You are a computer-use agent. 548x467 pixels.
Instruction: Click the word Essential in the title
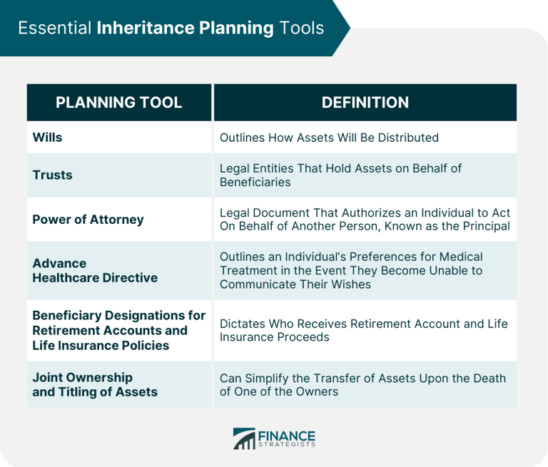tap(54, 28)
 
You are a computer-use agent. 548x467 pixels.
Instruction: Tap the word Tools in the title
tap(301, 28)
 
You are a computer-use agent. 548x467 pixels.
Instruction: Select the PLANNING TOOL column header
tap(118, 103)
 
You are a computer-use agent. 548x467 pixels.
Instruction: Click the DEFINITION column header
tap(365, 103)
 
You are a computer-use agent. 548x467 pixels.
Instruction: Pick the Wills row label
tap(47, 137)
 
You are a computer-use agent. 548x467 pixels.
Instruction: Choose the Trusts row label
tap(52, 175)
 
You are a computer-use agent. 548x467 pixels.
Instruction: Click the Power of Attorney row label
tap(88, 219)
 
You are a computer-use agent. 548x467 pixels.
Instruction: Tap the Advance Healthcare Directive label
tap(95, 270)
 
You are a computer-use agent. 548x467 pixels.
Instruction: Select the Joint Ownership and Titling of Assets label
tap(95, 384)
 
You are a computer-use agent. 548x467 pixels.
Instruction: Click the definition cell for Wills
tap(329, 137)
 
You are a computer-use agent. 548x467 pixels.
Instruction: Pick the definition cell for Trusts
tap(340, 175)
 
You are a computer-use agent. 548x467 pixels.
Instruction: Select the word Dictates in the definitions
tap(243, 323)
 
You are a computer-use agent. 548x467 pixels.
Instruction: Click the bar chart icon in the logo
tap(244, 439)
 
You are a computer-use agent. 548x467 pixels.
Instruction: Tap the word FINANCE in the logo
tap(287, 435)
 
